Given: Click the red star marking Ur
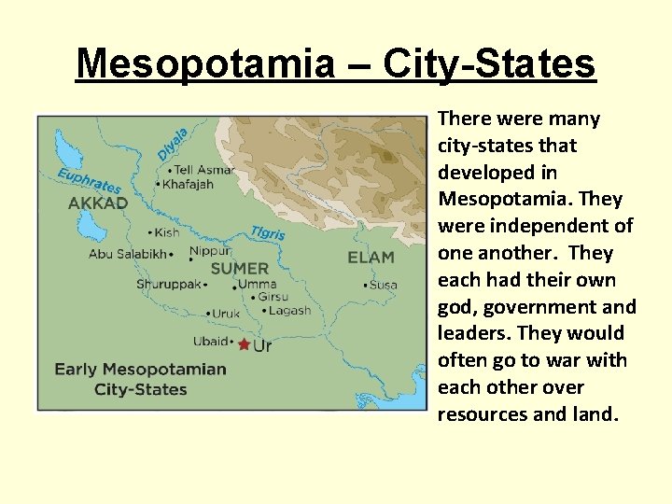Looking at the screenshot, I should [245, 344].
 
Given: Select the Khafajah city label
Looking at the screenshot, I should [189, 185].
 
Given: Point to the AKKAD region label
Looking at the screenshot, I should [98, 203].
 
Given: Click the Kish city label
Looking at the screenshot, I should [166, 232].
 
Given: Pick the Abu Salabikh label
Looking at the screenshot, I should [128, 253].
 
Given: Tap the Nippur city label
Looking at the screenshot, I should [211, 251].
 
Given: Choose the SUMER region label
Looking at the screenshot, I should [240, 269].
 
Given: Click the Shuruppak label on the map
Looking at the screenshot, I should [168, 284].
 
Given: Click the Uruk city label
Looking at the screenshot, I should [226, 314].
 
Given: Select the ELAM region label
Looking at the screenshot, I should [371, 257].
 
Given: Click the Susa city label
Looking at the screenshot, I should [383, 285].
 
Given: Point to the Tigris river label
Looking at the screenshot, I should [268, 233].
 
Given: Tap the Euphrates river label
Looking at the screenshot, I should [90, 181].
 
